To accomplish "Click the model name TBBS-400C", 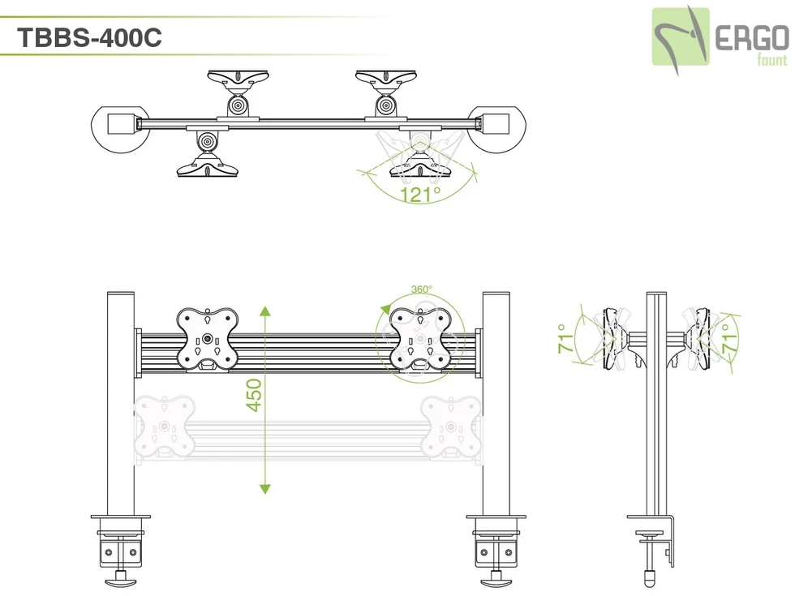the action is click(x=89, y=37).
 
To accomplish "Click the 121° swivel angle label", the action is click(x=420, y=194).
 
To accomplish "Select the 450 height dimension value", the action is click(x=254, y=396).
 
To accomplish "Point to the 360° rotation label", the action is click(x=421, y=289).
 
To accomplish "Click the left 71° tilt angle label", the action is click(x=565, y=338).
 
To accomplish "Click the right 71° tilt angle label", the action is click(x=728, y=338).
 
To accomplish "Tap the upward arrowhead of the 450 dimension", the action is click(x=264, y=311).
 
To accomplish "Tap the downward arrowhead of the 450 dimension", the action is click(x=264, y=488).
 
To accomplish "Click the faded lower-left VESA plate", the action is click(x=164, y=427).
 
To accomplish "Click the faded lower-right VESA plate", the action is click(x=451, y=427).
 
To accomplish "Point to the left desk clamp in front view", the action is click(x=121, y=551).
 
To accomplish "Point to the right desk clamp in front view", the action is click(x=496, y=551).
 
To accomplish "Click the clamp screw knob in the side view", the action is click(x=650, y=576).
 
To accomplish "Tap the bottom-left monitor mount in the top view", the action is click(x=207, y=154).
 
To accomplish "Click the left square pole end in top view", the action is click(x=122, y=123).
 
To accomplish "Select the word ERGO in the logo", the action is click(x=752, y=39).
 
